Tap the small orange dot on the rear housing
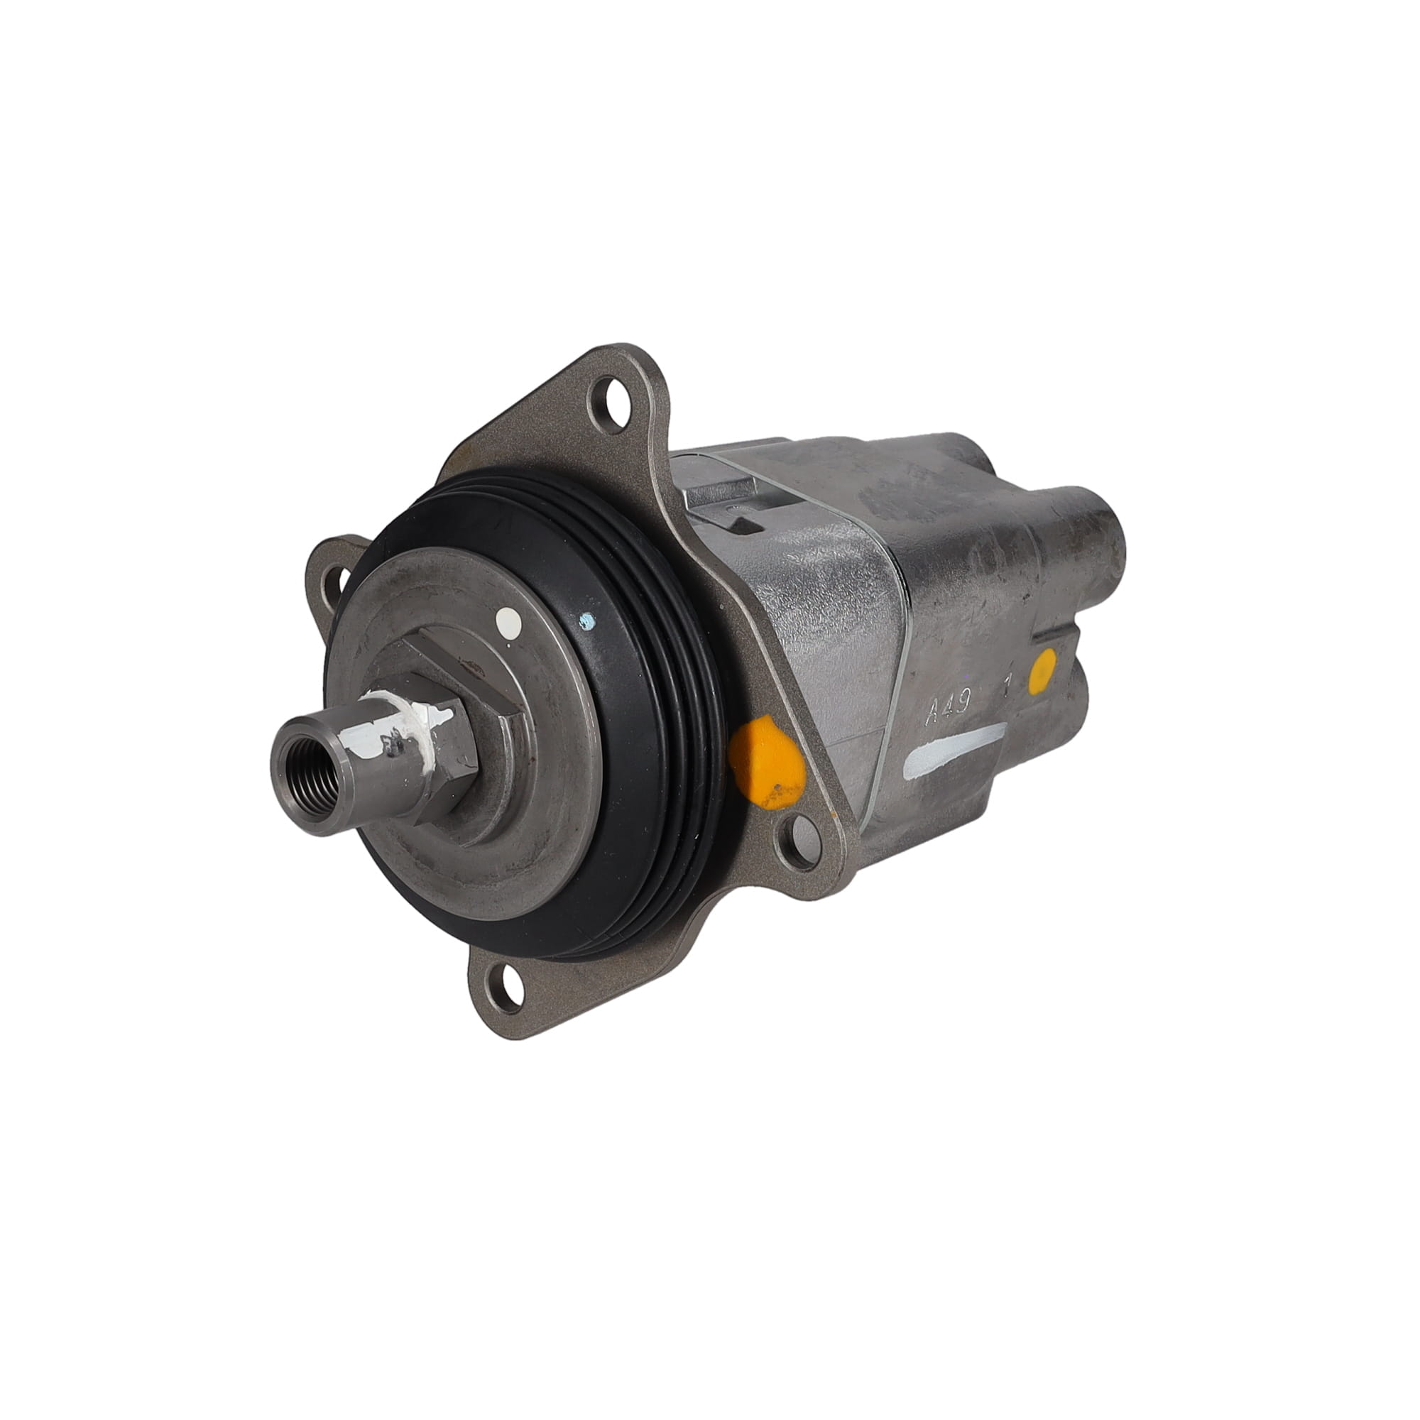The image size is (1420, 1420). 1043,669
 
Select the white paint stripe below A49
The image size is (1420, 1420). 956,753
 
